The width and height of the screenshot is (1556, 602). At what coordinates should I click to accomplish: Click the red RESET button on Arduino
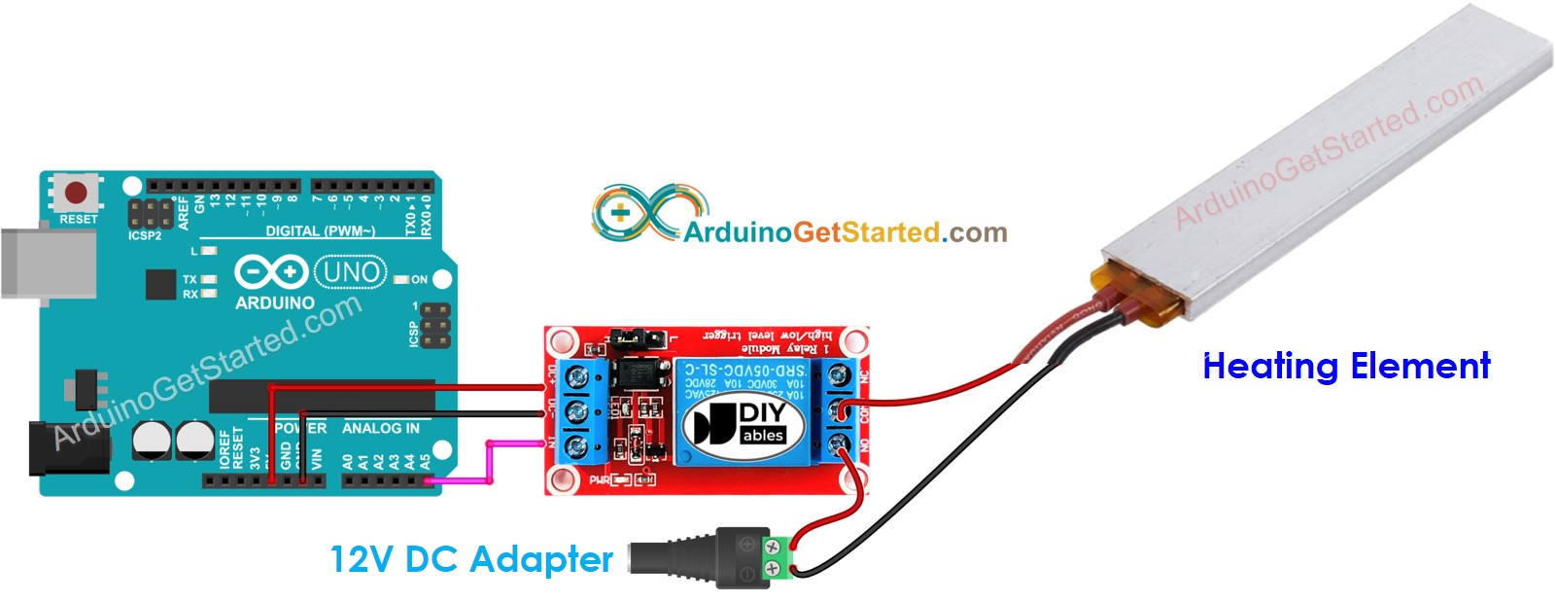coord(76,191)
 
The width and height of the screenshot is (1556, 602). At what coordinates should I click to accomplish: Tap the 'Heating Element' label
coord(1346,367)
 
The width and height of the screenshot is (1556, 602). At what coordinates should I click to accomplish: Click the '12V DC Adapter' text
coord(471,559)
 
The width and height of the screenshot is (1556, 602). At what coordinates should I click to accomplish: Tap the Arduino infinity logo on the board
coord(271,272)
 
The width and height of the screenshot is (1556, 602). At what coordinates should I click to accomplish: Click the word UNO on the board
coord(350,272)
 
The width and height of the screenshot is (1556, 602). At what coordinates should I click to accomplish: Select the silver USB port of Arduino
coord(49,264)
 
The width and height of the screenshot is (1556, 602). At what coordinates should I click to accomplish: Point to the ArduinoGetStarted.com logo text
coord(845,232)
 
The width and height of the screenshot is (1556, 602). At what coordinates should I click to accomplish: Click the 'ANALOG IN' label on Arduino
coord(380,428)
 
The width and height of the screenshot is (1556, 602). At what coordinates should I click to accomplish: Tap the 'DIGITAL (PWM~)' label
coord(320,231)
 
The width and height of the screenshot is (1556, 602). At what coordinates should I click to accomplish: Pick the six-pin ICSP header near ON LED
coord(435,324)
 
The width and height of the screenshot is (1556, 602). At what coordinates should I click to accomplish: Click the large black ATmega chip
coord(321,396)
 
